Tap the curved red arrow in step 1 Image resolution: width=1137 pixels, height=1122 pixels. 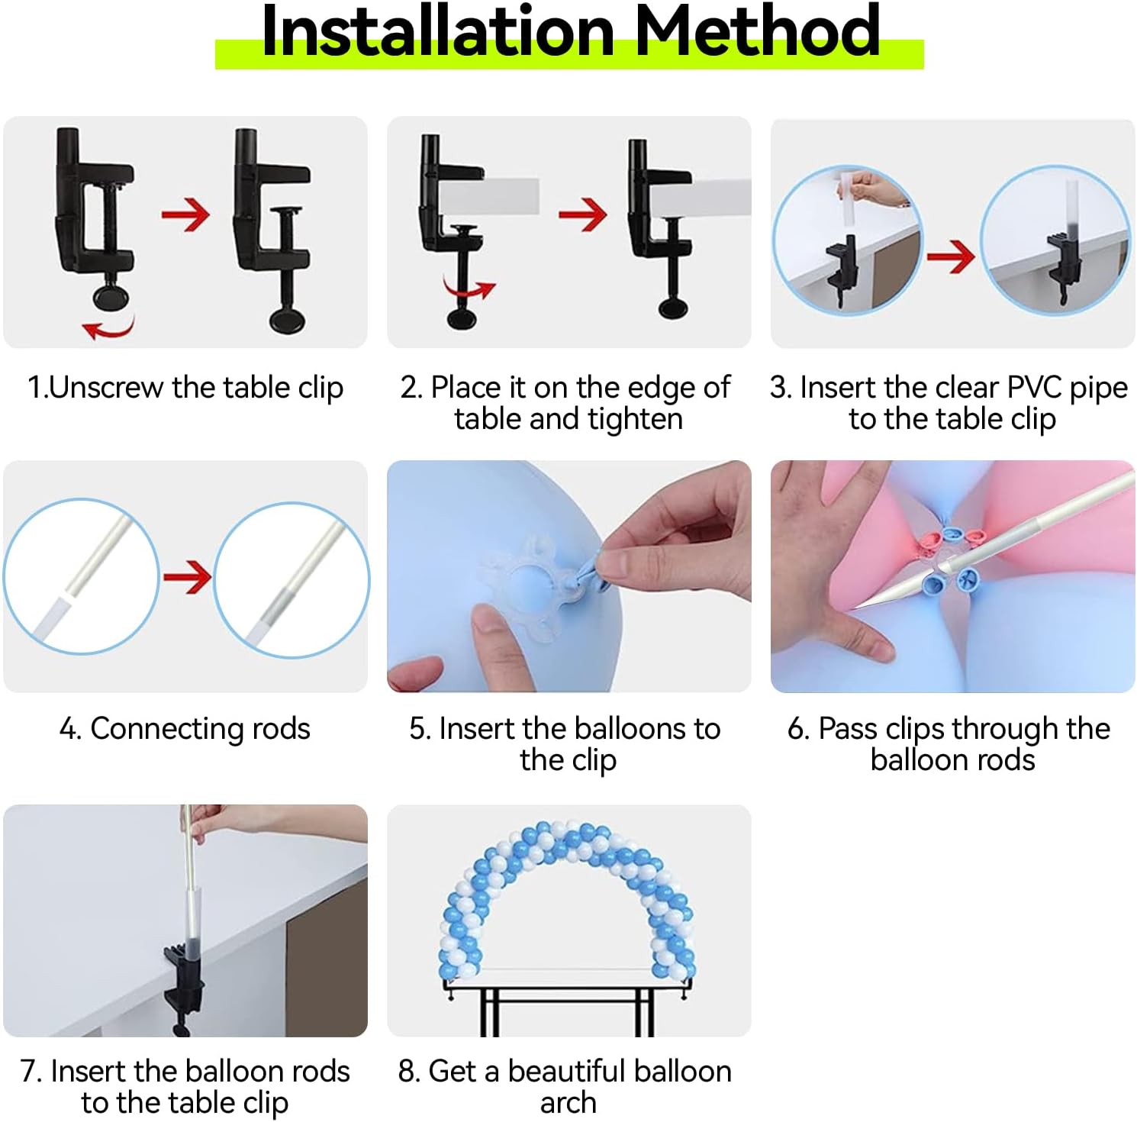point(109,328)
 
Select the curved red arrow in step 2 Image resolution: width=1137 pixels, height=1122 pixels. point(469,291)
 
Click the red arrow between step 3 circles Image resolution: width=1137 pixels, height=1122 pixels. point(951,256)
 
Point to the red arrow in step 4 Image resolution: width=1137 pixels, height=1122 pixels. point(187,577)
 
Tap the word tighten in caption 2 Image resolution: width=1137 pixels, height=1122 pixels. point(635,420)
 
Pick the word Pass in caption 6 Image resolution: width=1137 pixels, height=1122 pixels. point(848,729)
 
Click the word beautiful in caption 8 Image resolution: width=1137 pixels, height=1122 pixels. point(580,1072)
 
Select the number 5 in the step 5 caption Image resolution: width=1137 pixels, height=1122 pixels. point(419,729)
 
